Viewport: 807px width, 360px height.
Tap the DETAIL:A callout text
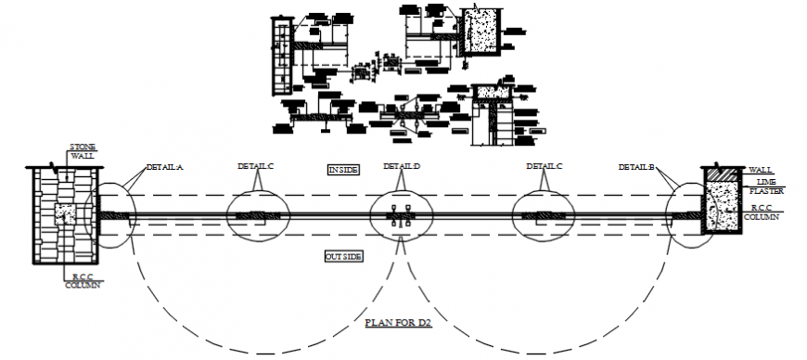tap(164, 168)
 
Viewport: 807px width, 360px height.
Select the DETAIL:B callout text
tap(637, 167)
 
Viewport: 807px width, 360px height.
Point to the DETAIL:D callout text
tap(403, 166)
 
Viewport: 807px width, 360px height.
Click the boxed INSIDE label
tap(342, 170)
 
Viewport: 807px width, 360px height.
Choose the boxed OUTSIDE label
tap(342, 256)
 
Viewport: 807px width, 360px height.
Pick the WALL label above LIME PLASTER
tap(762, 171)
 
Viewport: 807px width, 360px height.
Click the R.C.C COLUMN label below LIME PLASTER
tap(763, 212)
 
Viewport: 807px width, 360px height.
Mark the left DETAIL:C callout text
tap(255, 166)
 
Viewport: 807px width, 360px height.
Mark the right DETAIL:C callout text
tap(544, 166)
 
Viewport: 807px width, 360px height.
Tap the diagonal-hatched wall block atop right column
tap(720, 174)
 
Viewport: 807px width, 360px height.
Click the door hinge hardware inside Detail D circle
tap(402, 216)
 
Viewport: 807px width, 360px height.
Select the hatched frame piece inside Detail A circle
tap(109, 216)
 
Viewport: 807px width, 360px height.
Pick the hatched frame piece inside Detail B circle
tap(685, 216)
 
